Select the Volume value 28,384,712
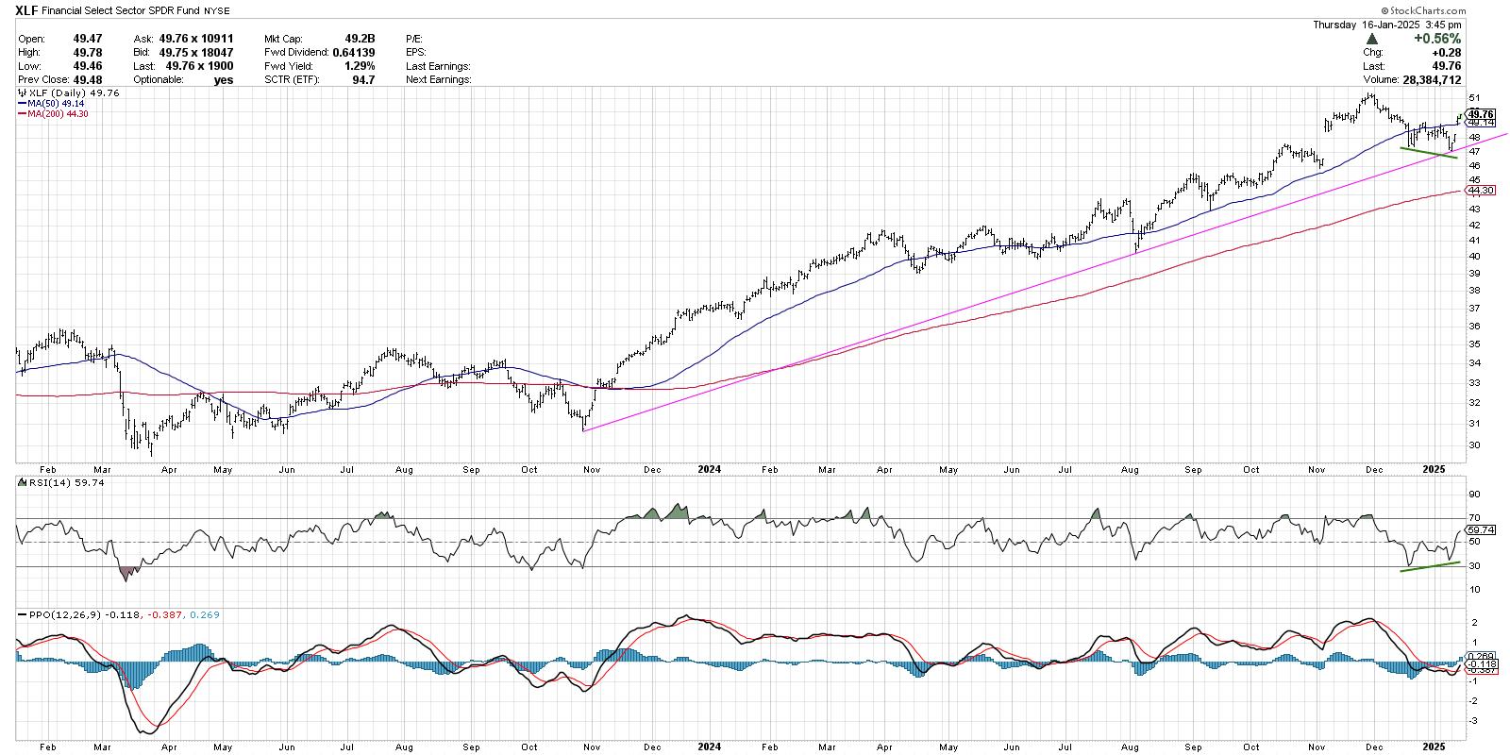pos(1426,80)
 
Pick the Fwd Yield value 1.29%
pos(360,66)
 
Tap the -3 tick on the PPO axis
pos(1473,720)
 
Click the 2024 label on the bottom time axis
pos(709,746)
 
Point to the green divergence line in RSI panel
pos(1429,566)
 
